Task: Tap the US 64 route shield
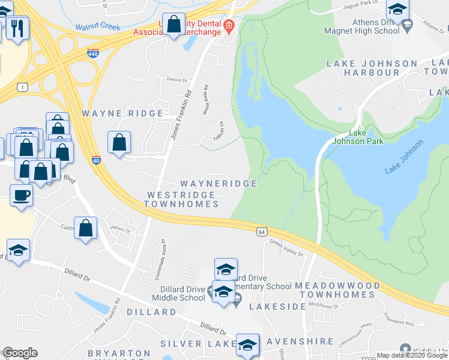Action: (x=261, y=231)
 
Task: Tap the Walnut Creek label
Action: (x=98, y=27)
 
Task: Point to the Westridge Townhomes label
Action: (x=181, y=200)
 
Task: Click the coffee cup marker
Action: (x=22, y=195)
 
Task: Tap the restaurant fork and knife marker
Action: (x=17, y=27)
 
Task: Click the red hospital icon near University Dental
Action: (x=228, y=25)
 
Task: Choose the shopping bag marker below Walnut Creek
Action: (x=173, y=25)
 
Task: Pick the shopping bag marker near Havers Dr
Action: (x=86, y=228)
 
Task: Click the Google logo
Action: (x=20, y=353)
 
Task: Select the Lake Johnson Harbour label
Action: (x=372, y=68)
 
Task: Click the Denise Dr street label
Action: (x=177, y=79)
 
